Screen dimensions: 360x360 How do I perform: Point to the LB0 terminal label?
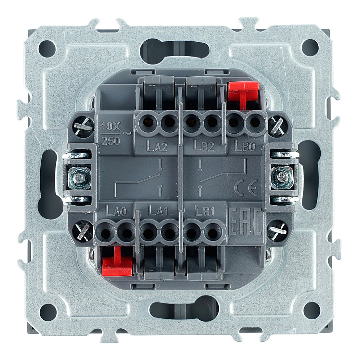[245, 145]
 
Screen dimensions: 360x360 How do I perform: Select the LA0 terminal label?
[116, 210]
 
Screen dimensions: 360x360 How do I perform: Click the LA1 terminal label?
[158, 210]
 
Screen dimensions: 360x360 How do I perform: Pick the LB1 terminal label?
[204, 210]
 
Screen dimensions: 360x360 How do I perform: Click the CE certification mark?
[246, 187]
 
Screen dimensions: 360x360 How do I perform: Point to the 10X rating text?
[111, 126]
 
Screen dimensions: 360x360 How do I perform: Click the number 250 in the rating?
[111, 140]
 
